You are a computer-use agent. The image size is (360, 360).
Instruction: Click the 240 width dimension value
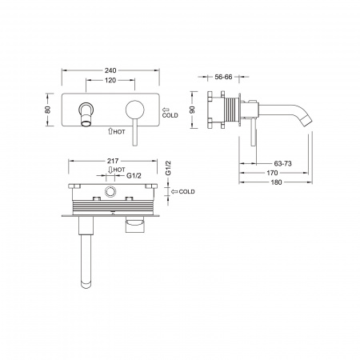coord(110,70)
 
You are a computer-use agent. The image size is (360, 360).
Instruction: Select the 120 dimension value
coord(110,80)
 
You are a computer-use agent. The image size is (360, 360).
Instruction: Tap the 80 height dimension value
coord(48,110)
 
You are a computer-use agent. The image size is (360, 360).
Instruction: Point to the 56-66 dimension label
coord(223,77)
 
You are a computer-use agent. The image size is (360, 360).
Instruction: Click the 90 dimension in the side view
coord(192,110)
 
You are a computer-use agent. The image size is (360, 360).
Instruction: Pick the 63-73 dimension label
coord(282,163)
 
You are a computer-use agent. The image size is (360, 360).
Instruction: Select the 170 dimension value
coord(272,173)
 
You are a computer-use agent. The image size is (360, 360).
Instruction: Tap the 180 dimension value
coord(276,182)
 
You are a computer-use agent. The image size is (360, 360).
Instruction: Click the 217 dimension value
coord(113,161)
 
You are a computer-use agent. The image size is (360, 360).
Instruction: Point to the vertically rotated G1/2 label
coord(168,168)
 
